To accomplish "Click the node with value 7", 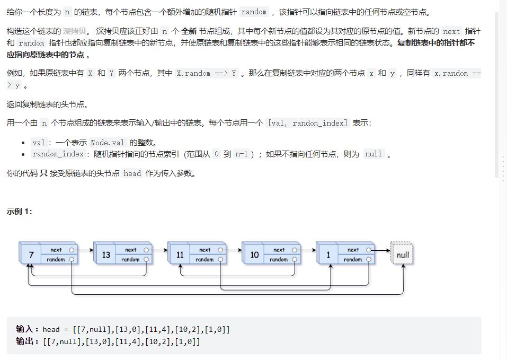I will [x=31, y=255].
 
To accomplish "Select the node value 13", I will [x=106, y=255].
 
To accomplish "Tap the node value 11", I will [x=180, y=255].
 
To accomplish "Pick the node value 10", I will [x=254, y=255].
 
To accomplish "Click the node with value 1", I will [x=328, y=255].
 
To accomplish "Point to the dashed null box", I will [x=403, y=255].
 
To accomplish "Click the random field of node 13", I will [x=130, y=260].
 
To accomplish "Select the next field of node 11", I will [x=204, y=250].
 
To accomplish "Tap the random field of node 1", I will [x=353, y=260].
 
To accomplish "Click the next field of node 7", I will [x=56, y=250].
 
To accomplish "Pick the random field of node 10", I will [x=279, y=260].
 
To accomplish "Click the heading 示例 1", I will [x=20, y=212].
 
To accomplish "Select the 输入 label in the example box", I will [x=25, y=329].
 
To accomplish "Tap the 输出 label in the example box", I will [x=25, y=341].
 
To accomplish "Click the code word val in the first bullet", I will [x=39, y=142].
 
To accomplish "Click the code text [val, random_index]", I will [x=308, y=123].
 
